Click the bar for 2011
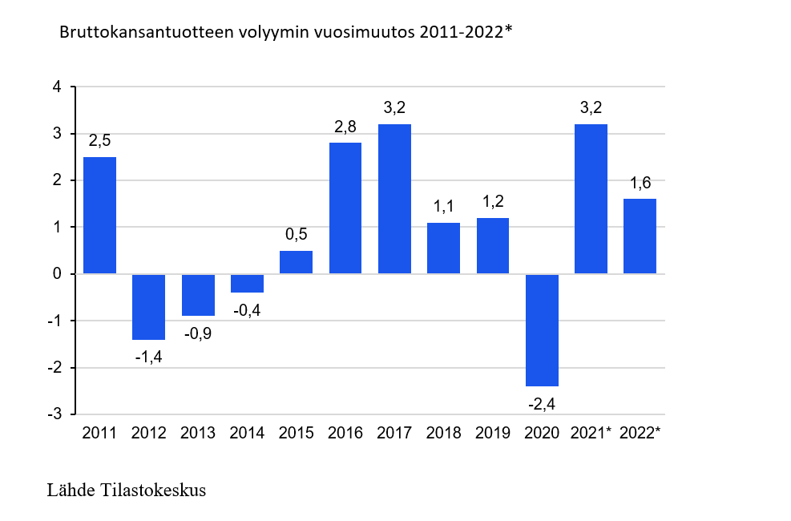(99, 215)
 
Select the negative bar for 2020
(542, 330)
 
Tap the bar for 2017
(394, 199)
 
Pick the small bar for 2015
(296, 262)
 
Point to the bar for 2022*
(640, 236)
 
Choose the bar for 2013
(198, 295)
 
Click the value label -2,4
(542, 404)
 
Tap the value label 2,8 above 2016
(345, 127)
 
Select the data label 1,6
(640, 183)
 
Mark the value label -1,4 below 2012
(149, 357)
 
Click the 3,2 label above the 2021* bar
(591, 107)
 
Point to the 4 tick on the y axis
(57, 87)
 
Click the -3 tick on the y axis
(54, 414)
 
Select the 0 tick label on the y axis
(57, 274)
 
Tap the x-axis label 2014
(247, 434)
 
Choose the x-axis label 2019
(493, 434)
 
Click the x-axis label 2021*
(591, 434)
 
